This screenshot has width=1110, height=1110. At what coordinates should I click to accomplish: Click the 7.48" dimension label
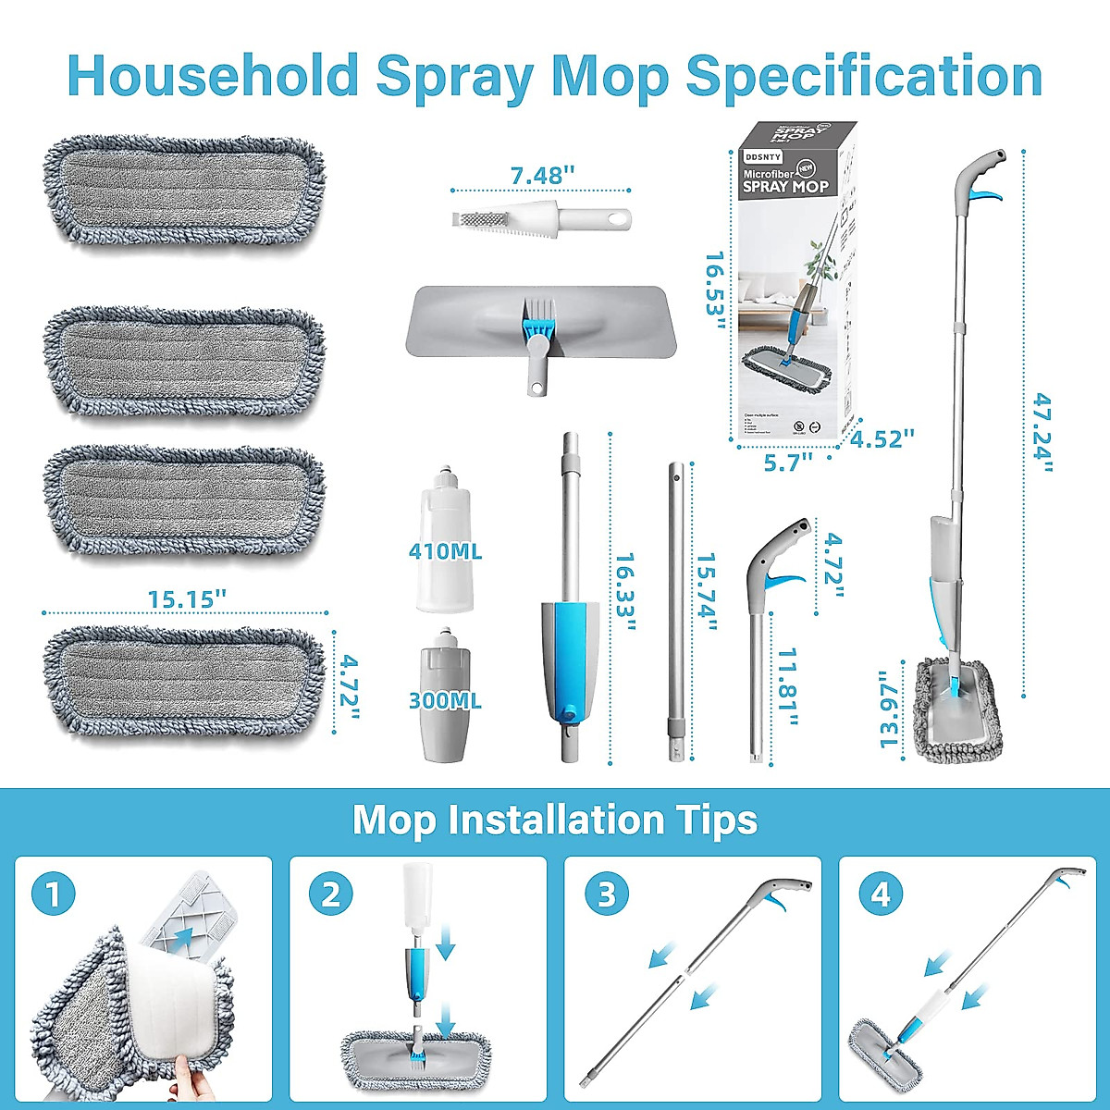(542, 175)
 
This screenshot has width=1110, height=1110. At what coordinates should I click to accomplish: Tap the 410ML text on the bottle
(445, 551)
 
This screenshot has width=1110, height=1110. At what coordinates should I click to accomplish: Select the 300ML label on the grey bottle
(445, 700)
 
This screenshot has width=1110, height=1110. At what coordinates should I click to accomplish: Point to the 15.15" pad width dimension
(187, 599)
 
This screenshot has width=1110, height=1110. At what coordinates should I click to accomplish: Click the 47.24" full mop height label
(1042, 432)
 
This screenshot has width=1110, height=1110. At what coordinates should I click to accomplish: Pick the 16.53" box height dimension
(715, 283)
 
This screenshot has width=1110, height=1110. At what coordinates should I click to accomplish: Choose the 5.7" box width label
(788, 462)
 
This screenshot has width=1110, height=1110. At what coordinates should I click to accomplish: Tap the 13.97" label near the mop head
(890, 709)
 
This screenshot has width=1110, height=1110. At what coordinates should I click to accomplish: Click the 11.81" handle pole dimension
(788, 686)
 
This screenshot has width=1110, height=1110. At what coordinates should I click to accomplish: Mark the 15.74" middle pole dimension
(707, 593)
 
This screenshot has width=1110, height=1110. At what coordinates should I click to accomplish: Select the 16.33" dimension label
(625, 593)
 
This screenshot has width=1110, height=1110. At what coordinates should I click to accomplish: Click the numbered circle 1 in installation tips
(53, 894)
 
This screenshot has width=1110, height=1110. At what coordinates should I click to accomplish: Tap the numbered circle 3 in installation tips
(606, 894)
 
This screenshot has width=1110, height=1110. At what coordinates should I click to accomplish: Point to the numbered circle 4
(880, 894)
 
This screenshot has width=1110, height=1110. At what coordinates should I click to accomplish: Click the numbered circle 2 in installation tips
(330, 894)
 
